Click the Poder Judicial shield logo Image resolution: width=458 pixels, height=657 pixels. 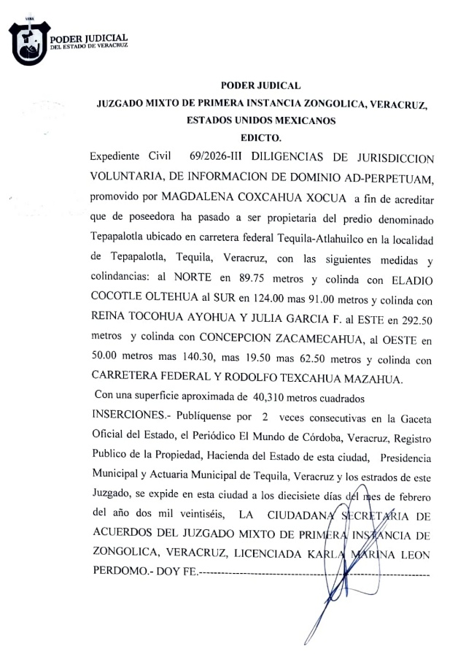[x=30, y=43]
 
